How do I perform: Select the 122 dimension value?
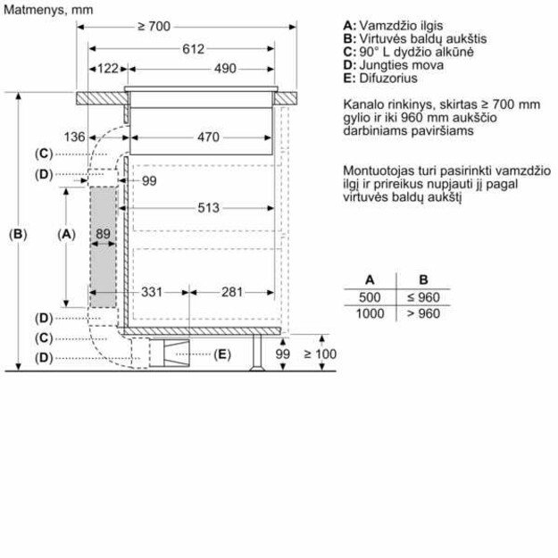(x=109, y=69)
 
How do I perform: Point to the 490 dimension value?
(x=224, y=69)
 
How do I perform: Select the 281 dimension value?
(x=232, y=291)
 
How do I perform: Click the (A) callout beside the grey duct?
(x=65, y=234)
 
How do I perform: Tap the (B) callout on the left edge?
(x=17, y=234)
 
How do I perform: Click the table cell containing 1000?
(x=370, y=313)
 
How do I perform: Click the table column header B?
(x=424, y=279)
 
